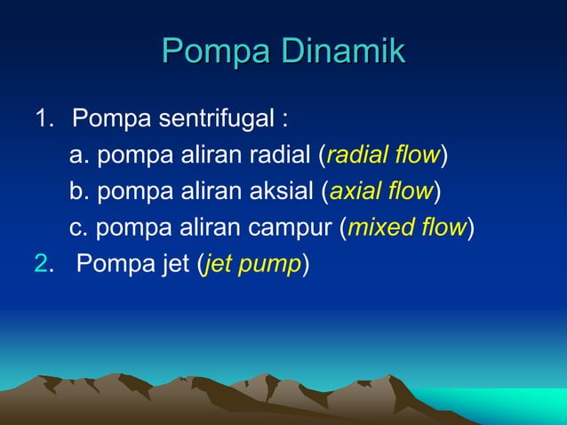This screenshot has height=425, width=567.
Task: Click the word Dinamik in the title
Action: point(343,52)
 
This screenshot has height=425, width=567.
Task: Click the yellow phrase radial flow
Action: point(383,156)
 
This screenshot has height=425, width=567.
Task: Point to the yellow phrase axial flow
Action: point(380,192)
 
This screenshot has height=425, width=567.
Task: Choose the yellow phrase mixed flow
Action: point(407,228)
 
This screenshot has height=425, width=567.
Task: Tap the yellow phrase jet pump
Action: point(253,265)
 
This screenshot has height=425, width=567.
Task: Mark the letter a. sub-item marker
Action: point(79,156)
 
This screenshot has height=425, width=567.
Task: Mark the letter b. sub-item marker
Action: point(79,192)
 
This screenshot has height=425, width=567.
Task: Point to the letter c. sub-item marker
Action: point(79,229)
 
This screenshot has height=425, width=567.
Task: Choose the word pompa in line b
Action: point(126,193)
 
